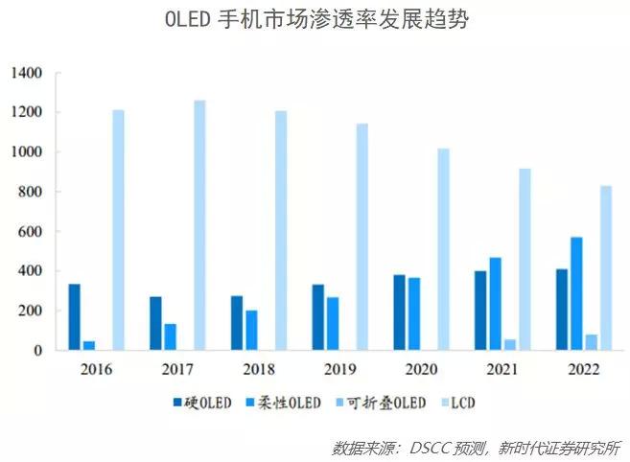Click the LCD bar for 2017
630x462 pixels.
(199, 225)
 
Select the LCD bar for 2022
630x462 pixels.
(606, 268)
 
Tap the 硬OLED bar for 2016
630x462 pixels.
(75, 317)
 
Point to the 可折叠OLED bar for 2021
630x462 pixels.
(510, 344)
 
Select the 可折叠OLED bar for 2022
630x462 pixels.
(592, 342)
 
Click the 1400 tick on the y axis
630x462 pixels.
(27, 73)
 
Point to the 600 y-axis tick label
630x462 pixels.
(31, 232)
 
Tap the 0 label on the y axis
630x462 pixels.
(39, 351)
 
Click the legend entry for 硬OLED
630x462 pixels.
(202, 404)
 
